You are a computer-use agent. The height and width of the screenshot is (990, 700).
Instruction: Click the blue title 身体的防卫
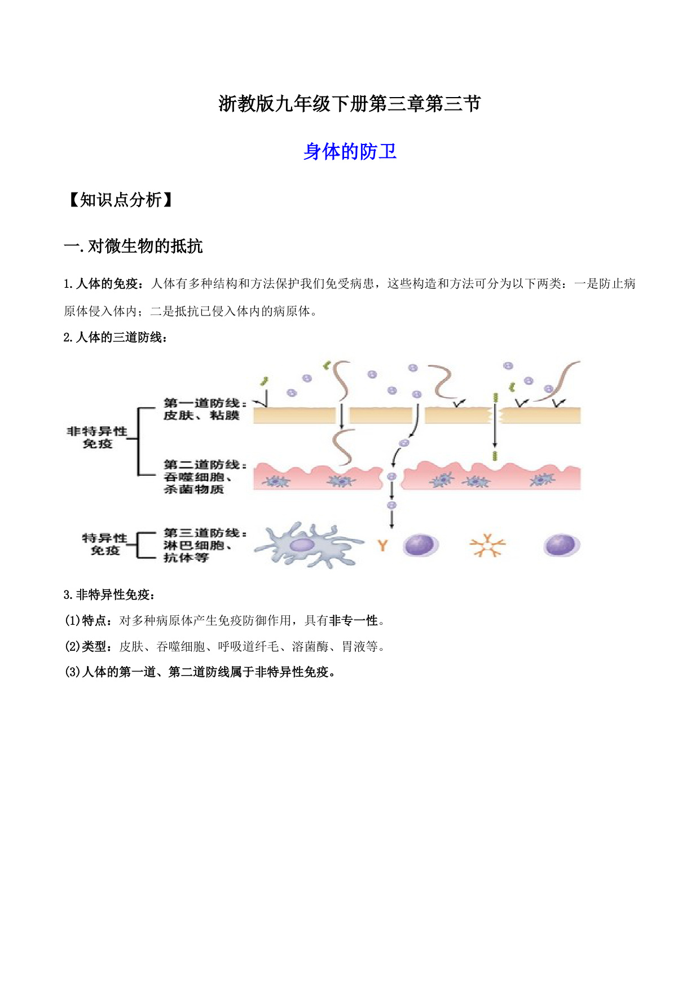(x=350, y=151)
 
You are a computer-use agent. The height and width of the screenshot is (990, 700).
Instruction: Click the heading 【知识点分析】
(x=120, y=200)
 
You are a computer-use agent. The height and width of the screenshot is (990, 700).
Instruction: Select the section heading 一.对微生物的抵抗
(x=133, y=246)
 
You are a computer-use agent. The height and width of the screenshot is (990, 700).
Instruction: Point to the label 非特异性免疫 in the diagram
(x=97, y=437)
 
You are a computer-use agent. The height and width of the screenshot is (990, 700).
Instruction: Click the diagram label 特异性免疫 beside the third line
(x=105, y=544)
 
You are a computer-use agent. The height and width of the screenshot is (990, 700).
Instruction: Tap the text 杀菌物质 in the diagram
(x=193, y=489)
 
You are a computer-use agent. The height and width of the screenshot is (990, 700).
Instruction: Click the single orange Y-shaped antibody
(x=382, y=545)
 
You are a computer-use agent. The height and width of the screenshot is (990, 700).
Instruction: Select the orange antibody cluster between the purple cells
(x=487, y=545)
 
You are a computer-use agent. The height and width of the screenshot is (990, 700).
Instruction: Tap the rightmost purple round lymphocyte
(x=561, y=545)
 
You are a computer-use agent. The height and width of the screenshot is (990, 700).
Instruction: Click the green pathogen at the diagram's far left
(x=263, y=382)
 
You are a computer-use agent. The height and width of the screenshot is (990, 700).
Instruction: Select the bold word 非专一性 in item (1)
(x=354, y=620)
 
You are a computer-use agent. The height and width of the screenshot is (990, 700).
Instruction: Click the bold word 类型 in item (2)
(x=94, y=646)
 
